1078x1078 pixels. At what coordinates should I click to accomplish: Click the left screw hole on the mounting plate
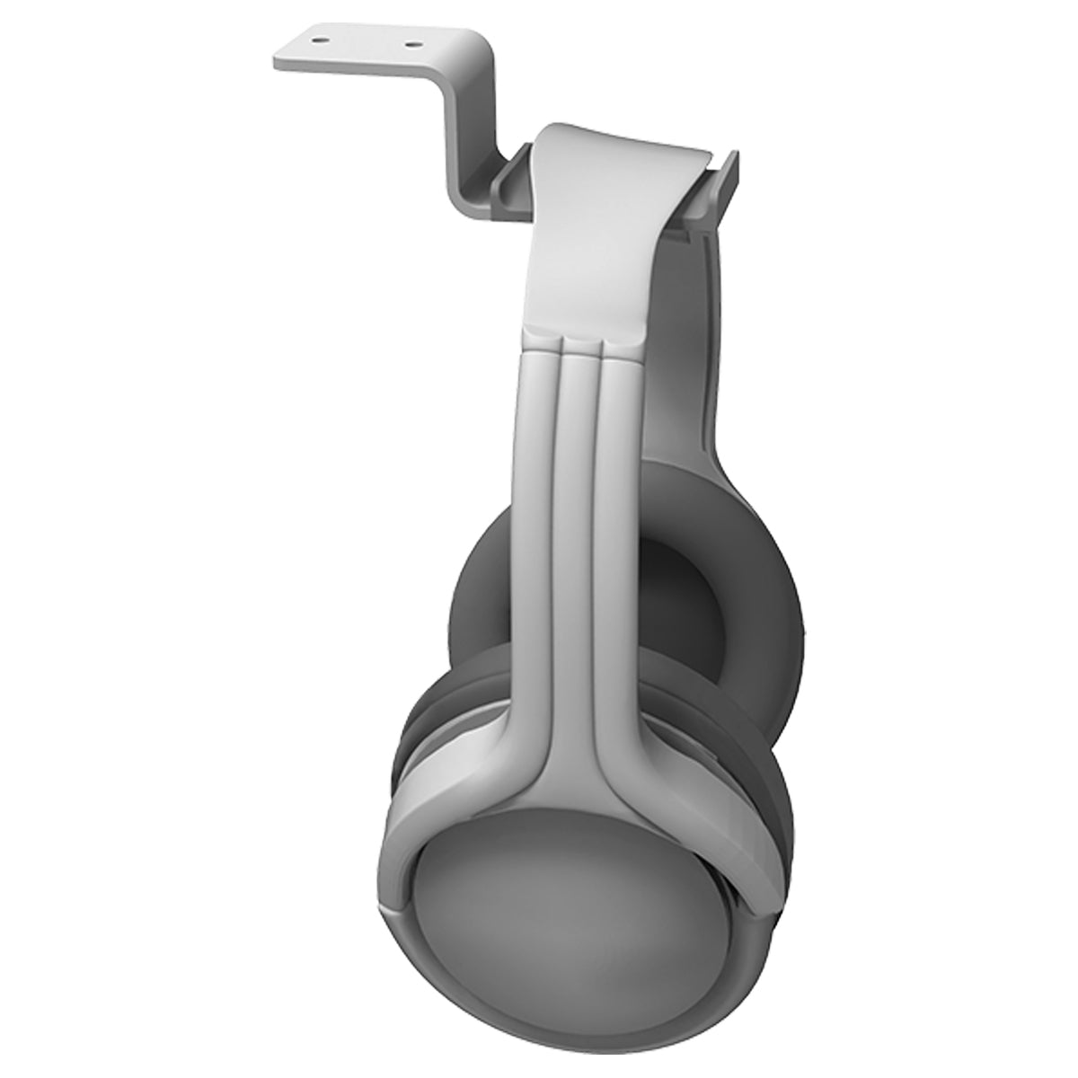[320, 39]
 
